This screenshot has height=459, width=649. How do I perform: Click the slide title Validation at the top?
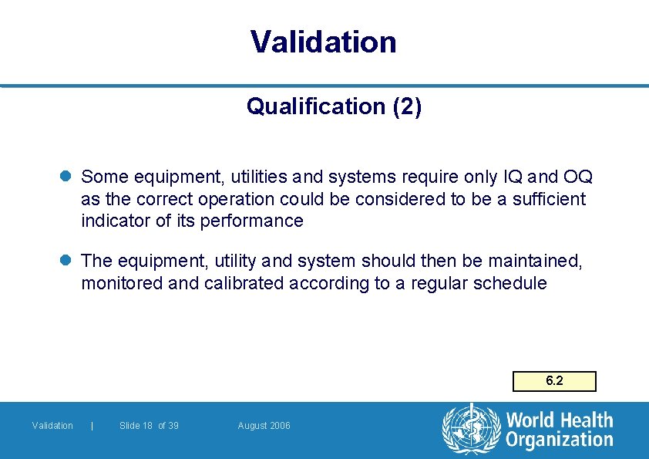323,42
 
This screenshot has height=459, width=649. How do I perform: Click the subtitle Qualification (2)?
334,106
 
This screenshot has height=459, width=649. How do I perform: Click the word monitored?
122,283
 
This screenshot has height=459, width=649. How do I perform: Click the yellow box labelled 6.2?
554,381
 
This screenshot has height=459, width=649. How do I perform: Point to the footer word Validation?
52,426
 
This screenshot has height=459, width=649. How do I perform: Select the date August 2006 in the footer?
264,426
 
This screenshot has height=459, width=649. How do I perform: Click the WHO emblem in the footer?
470,429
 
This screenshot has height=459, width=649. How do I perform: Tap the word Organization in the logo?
560,440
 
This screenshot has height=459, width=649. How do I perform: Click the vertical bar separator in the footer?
92,426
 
